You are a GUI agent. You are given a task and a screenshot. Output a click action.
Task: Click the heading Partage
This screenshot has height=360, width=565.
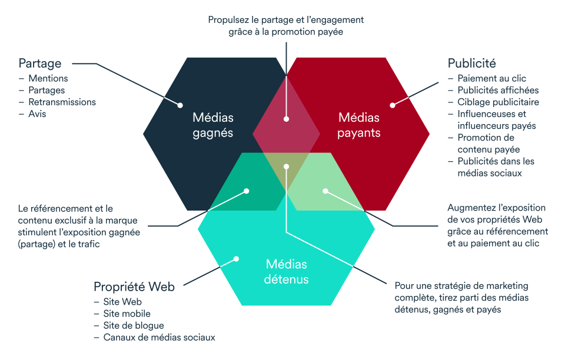[40, 64]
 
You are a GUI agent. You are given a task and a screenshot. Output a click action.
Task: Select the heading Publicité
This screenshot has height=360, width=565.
[471, 64]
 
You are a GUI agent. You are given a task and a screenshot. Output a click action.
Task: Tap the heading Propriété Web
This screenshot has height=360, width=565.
[134, 286]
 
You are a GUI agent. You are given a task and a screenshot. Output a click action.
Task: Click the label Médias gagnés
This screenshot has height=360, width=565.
[213, 125]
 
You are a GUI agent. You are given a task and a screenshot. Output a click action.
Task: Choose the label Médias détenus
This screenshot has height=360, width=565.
[287, 271]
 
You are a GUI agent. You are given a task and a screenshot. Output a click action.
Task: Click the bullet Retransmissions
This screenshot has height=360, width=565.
[62, 102]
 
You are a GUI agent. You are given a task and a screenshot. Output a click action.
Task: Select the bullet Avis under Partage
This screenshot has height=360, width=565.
[37, 114]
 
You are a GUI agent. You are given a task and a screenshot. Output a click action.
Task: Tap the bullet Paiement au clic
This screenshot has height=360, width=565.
[492, 78]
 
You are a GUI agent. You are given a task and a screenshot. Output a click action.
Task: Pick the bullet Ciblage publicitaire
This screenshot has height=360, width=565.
[498, 102]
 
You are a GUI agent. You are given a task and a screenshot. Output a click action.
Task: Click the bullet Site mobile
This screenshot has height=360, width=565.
[127, 314]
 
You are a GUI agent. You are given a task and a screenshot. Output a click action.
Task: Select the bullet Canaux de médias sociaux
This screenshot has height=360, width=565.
[159, 337]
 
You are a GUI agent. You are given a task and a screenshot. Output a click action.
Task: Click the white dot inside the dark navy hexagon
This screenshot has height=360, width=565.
[181, 105]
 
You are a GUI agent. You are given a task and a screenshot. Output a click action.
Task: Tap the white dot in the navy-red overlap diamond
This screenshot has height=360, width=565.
[286, 118]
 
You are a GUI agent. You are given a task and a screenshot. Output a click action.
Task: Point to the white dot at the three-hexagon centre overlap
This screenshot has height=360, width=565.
[286, 166]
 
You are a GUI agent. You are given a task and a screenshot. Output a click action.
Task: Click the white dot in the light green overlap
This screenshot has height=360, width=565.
[325, 191]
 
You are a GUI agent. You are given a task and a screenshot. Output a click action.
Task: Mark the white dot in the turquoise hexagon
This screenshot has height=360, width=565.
[236, 258]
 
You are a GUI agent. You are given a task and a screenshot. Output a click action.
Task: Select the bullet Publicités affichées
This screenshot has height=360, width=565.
[498, 90]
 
